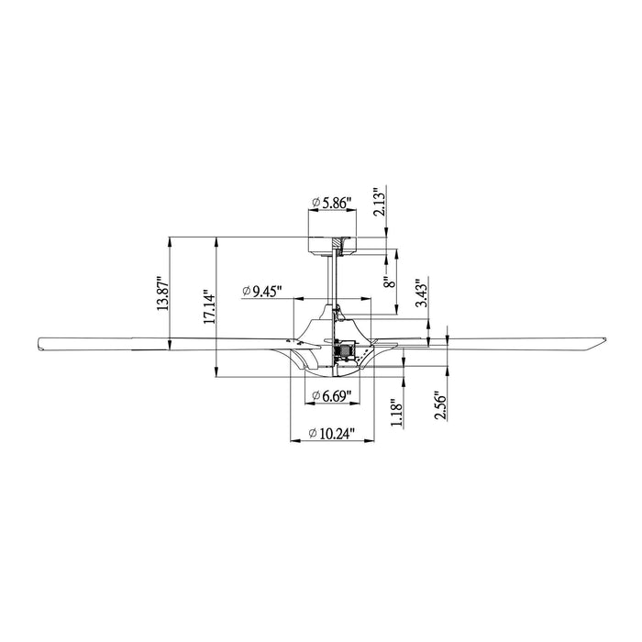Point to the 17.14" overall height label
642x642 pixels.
[209, 309]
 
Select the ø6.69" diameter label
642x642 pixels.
[330, 395]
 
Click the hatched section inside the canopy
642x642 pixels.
[338, 244]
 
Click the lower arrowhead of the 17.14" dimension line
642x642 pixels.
[216, 377]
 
